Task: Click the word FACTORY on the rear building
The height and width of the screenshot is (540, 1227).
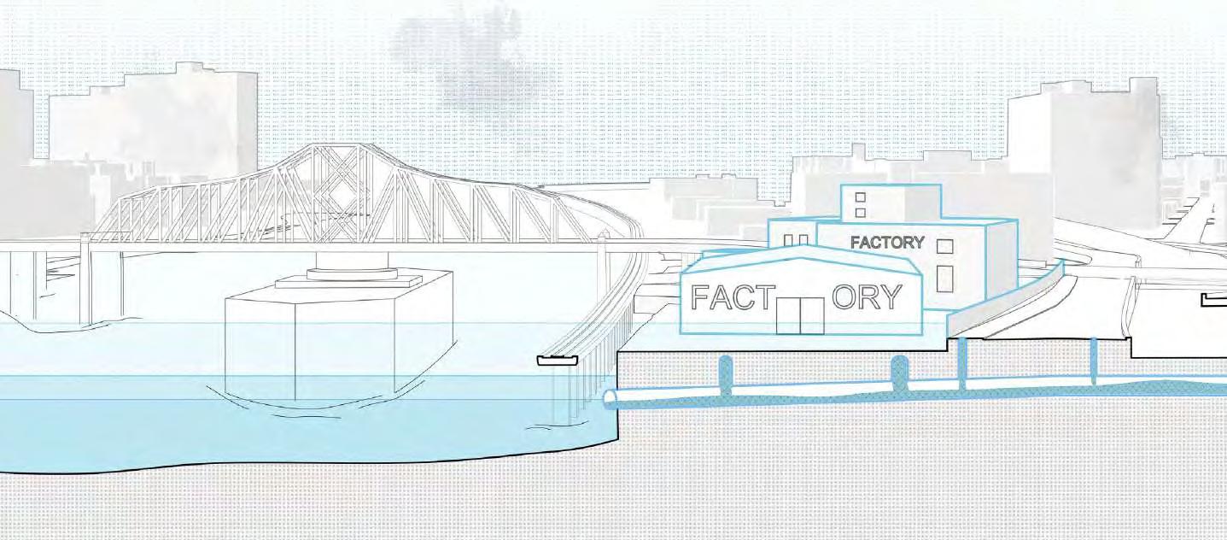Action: [x=887, y=243]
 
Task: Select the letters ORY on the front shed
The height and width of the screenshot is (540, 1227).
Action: [x=866, y=297]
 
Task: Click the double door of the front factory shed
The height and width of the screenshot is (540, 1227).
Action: [x=800, y=316]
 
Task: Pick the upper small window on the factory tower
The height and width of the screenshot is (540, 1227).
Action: [x=860, y=197]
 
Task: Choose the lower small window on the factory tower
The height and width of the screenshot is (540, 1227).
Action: [x=860, y=211]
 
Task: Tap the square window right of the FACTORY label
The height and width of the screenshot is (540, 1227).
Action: [x=944, y=247]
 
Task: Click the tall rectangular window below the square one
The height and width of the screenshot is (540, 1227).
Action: [x=944, y=279]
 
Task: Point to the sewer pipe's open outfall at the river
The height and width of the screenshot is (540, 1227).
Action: [x=611, y=399]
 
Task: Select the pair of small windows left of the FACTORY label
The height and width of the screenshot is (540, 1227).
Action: [x=796, y=240]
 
